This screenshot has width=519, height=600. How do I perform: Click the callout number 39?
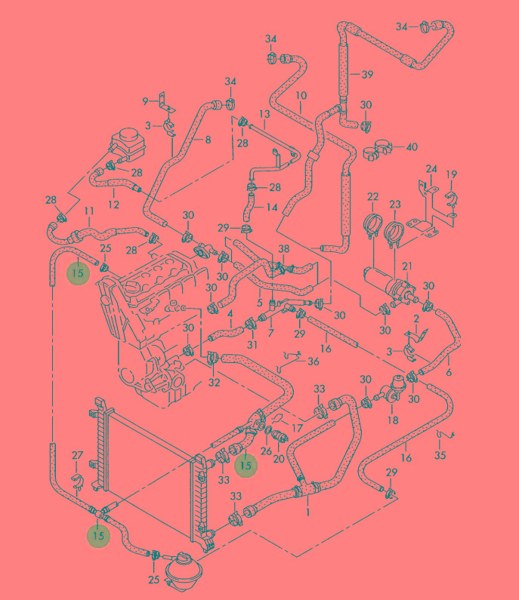[x=367, y=74]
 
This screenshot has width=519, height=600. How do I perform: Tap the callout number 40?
[x=412, y=146]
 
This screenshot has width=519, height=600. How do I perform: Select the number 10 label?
[x=301, y=96]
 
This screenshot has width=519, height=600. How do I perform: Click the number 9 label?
[x=146, y=101]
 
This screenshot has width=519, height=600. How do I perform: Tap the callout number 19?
[x=451, y=175]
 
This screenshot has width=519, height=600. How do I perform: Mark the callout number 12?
[x=113, y=204]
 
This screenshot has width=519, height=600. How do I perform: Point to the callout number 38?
[x=283, y=248]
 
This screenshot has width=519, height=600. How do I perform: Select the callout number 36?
[x=313, y=362]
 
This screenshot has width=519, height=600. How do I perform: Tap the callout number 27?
[x=76, y=454]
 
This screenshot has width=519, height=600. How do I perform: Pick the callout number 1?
[x=307, y=512]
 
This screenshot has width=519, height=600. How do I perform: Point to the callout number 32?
[x=214, y=383]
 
